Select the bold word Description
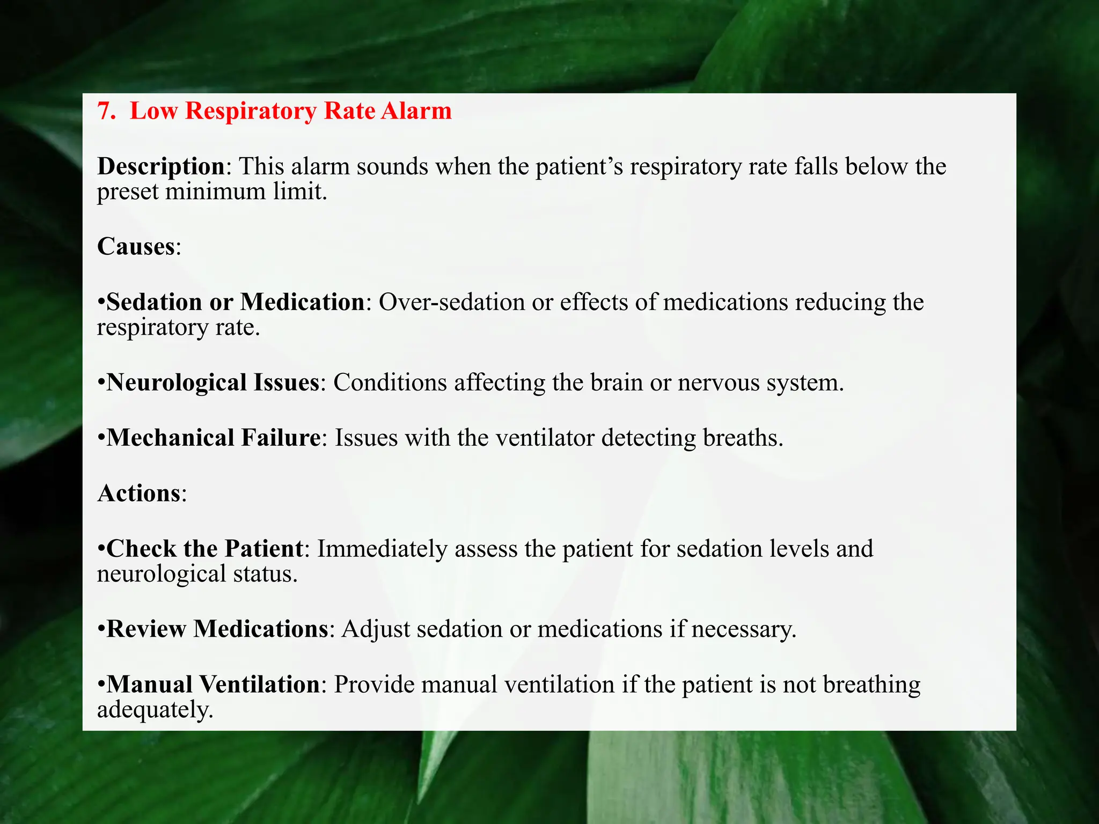161,167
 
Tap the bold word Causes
136,247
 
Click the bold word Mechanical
170,438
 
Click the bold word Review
146,629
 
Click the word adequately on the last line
155,710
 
